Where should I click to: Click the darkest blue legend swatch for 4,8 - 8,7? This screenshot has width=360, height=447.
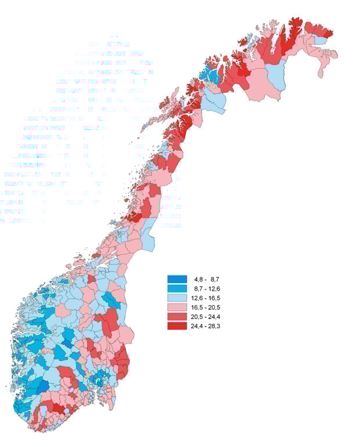pos(177,280)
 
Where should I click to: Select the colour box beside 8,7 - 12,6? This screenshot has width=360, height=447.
pos(177,289)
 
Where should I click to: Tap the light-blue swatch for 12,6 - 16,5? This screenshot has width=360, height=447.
pos(177,298)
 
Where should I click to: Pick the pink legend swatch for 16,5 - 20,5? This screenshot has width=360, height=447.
pos(177,307)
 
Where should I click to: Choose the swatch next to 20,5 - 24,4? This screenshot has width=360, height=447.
pos(177,317)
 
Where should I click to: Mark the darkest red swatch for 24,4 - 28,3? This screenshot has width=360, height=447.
pos(177,326)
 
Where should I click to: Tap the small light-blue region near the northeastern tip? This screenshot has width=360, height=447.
pos(320,41)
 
